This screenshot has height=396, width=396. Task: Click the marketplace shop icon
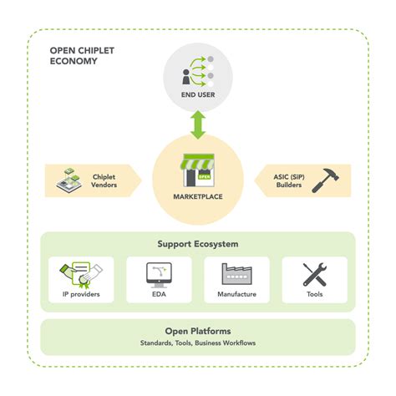pyautogui.click(x=198, y=169)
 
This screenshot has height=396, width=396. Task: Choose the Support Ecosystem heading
pyautogui.click(x=198, y=244)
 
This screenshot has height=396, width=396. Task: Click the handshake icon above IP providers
pyautogui.click(x=79, y=272)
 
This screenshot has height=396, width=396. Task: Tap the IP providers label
pyautogui.click(x=80, y=295)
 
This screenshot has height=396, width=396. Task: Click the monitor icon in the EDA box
pyautogui.click(x=159, y=273)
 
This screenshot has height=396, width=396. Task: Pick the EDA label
pyautogui.click(x=159, y=295)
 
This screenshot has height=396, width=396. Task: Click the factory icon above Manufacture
pyautogui.click(x=237, y=273)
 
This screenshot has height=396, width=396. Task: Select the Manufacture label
pyautogui.click(x=237, y=295)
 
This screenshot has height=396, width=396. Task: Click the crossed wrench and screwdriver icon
pyautogui.click(x=315, y=273)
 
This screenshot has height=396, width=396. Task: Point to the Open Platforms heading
pyautogui.click(x=198, y=332)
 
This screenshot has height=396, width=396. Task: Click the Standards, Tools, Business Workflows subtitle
pyautogui.click(x=198, y=344)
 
